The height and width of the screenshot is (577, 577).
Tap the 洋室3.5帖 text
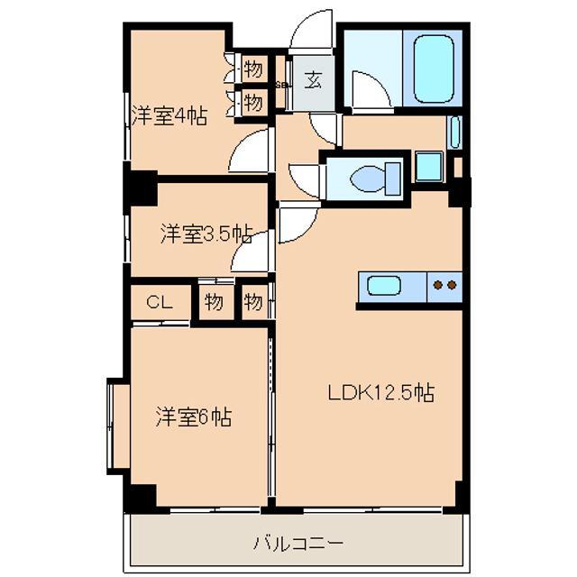(x=205, y=234)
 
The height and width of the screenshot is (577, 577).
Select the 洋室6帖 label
(x=194, y=417)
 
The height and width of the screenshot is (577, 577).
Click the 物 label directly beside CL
(x=213, y=302)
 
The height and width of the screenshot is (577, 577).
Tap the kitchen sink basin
(x=384, y=288)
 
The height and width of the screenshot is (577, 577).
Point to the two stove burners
(x=444, y=286)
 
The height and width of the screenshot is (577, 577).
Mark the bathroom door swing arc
(x=371, y=89)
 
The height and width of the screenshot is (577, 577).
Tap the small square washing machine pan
(x=429, y=167)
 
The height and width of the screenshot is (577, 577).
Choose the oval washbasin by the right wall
(x=453, y=133)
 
